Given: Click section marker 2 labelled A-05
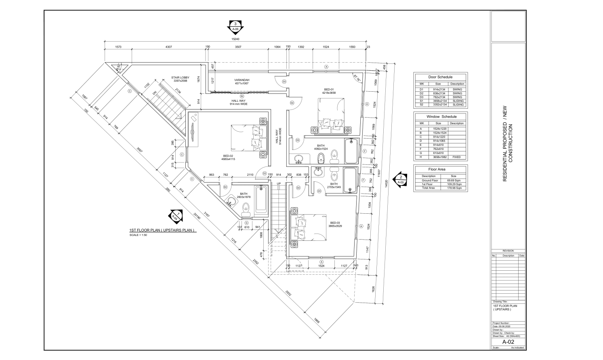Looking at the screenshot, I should pyautogui.click(x=400, y=179).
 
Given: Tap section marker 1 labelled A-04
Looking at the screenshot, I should pyautogui.click(x=175, y=216).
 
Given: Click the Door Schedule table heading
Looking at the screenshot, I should pyautogui.click(x=440, y=77).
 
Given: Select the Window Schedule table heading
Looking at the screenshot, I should pyautogui.click(x=441, y=116).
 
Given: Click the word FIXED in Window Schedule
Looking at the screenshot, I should pyautogui.click(x=456, y=157).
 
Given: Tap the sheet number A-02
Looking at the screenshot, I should pyautogui.click(x=508, y=342).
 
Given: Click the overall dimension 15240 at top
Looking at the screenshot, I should pyautogui.click(x=235, y=39).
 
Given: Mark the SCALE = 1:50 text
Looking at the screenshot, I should pyautogui.click(x=139, y=235).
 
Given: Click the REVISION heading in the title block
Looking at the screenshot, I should pyautogui.click(x=508, y=251).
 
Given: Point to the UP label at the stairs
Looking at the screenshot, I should pyautogui.click(x=279, y=184).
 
